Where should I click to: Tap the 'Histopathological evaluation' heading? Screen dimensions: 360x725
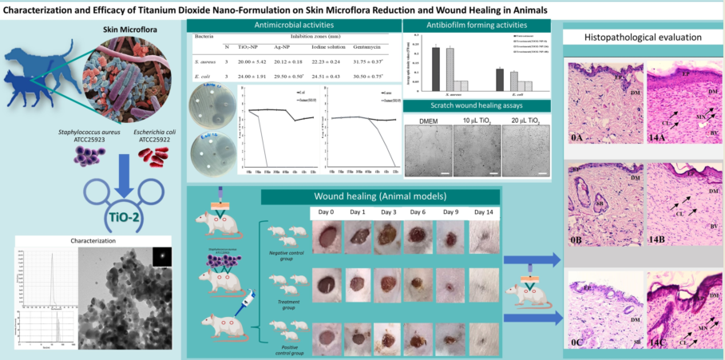643,38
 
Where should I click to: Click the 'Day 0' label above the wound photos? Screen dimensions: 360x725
325,212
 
